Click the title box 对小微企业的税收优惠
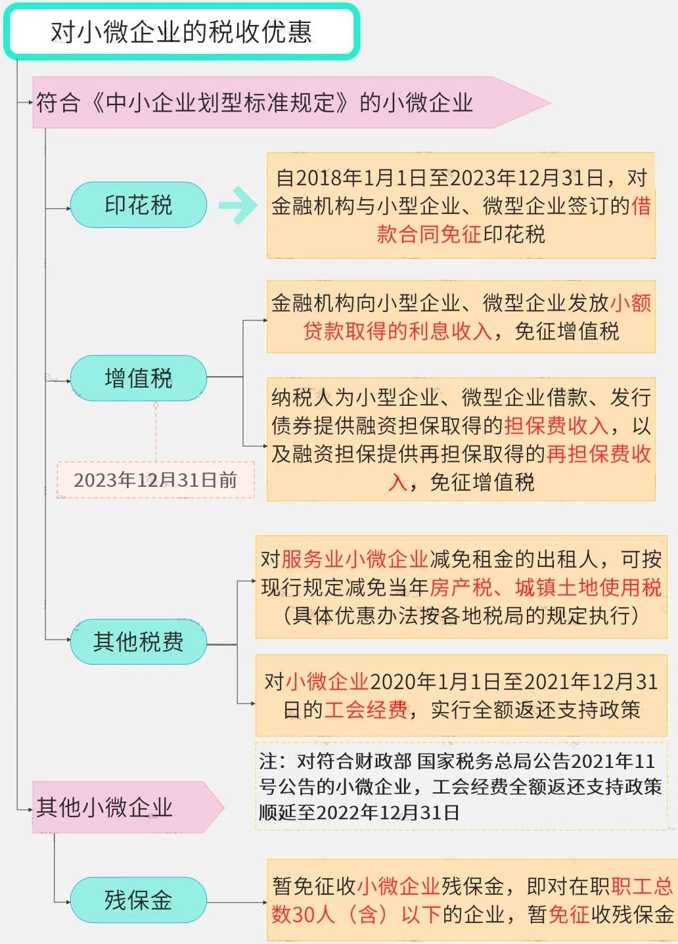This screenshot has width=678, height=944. [181, 32]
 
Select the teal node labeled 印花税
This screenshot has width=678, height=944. [138, 205]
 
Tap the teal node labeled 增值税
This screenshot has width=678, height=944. [138, 378]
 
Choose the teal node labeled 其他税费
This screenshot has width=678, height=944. [138, 642]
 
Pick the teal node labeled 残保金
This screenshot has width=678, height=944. [138, 900]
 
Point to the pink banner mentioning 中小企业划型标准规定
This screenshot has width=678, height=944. [291, 102]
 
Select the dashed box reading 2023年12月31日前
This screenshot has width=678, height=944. [156, 480]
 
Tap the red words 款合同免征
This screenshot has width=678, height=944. [429, 235]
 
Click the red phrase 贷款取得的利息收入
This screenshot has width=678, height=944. [397, 331]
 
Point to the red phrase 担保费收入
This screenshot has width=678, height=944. [556, 426]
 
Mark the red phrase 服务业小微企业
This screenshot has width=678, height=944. [355, 559]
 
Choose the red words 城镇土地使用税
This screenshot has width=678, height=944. [588, 587]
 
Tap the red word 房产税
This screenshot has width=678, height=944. [461, 587]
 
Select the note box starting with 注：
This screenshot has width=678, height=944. [461, 786]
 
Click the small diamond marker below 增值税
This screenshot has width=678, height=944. [156, 405]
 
